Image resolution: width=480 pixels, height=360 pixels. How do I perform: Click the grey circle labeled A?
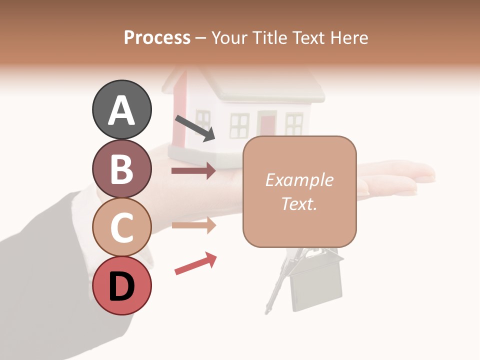tap(121, 109)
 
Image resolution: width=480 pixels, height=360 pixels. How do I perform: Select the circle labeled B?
tap(121, 168)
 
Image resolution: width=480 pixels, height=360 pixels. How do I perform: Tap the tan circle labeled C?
tap(121, 227)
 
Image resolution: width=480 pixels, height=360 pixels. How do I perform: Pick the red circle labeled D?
tap(121, 285)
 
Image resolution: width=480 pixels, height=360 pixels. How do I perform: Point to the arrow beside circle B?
tap(193, 171)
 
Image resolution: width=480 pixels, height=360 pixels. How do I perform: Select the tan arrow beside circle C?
tap(193, 225)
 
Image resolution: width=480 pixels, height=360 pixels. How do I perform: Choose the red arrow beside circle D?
tap(195, 263)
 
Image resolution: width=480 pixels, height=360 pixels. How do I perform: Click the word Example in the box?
tap(299, 180)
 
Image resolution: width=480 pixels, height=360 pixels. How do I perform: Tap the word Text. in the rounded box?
tap(299, 203)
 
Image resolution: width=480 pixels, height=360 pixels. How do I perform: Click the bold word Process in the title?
tap(157, 38)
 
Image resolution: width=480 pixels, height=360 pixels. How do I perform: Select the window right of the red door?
tap(293, 124)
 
